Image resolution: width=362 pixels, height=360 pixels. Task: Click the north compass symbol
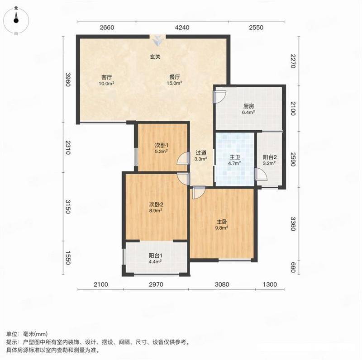(16, 20)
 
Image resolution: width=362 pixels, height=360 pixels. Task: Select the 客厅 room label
(107, 77)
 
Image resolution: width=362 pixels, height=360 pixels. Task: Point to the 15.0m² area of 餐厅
(175, 83)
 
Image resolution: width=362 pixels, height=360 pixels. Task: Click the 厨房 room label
(248, 106)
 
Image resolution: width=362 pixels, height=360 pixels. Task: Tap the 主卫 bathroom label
(235, 157)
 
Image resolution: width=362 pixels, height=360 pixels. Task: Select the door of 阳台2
(261, 174)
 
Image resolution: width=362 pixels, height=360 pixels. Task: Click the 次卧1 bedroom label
(162, 145)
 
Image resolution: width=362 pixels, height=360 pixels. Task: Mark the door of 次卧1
(183, 159)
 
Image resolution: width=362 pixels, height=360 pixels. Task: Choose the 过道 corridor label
(201, 153)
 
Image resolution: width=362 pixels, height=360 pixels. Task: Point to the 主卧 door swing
(199, 193)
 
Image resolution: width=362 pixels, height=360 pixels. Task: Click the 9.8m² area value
(222, 228)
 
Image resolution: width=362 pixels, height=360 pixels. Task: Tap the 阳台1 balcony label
(155, 256)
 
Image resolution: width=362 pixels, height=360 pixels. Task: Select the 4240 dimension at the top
(182, 28)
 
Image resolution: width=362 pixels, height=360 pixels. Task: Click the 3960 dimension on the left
(67, 80)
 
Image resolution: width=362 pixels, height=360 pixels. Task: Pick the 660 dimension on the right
(293, 267)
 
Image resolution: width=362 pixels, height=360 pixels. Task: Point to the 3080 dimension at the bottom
(222, 284)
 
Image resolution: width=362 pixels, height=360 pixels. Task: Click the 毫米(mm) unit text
(35, 334)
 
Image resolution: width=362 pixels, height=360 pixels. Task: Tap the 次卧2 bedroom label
(156, 204)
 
